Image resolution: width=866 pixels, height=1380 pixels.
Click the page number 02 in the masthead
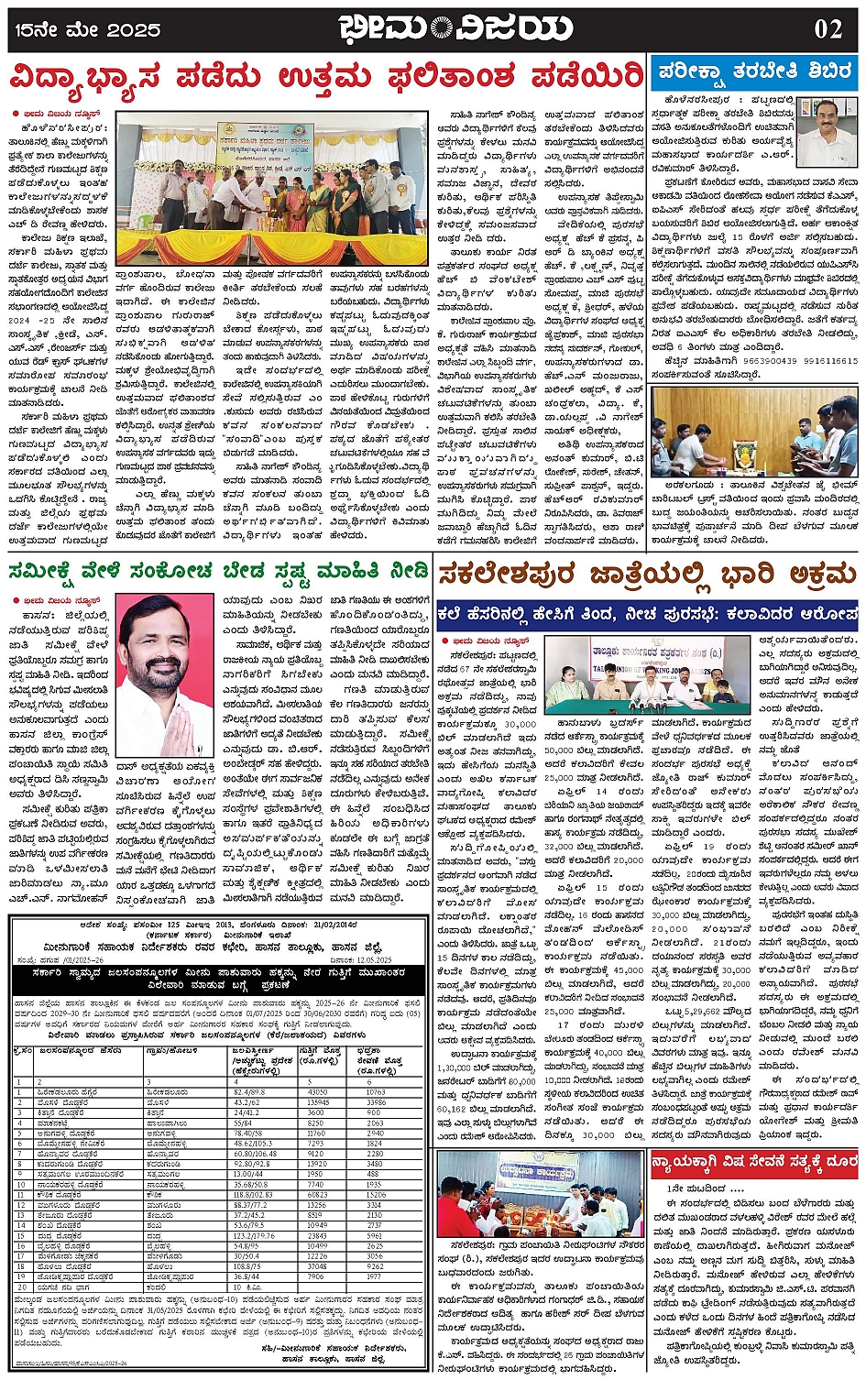pyautogui.click(x=828, y=28)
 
